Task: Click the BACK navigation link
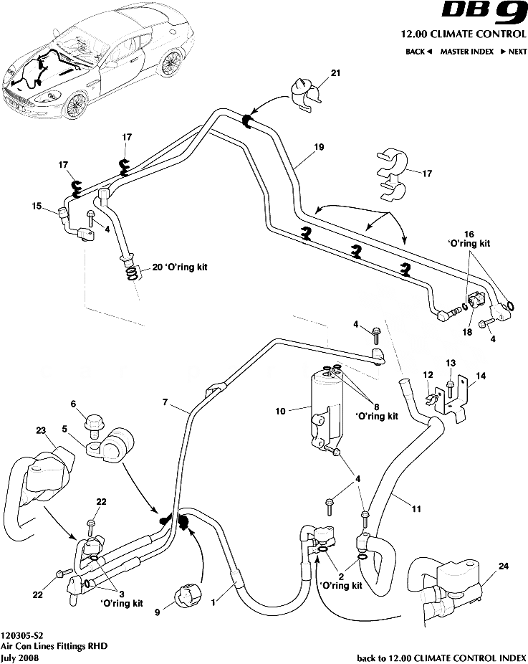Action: (x=418, y=52)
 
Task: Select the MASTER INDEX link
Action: (x=466, y=52)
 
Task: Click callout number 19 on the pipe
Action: (x=320, y=147)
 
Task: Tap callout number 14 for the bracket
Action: (x=479, y=374)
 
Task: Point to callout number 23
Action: (x=41, y=430)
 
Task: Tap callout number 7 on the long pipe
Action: (x=165, y=404)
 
